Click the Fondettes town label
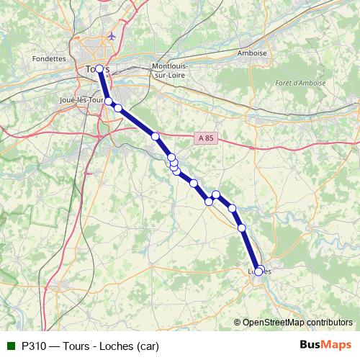click(x=49, y=59)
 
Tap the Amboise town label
click(x=252, y=53)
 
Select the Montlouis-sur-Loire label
click(x=169, y=70)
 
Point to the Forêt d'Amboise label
click(x=300, y=83)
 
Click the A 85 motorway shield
click(x=207, y=138)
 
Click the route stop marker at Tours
click(x=99, y=69)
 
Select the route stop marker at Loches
click(x=258, y=271)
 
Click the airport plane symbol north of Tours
click(x=110, y=35)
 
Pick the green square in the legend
click(x=11, y=345)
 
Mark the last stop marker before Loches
click(x=242, y=228)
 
